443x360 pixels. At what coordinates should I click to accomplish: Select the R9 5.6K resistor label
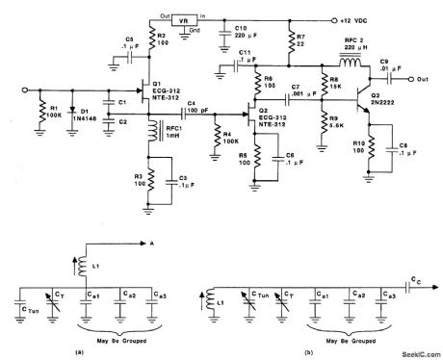[338, 122]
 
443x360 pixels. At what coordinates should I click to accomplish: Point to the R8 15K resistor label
[338, 88]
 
